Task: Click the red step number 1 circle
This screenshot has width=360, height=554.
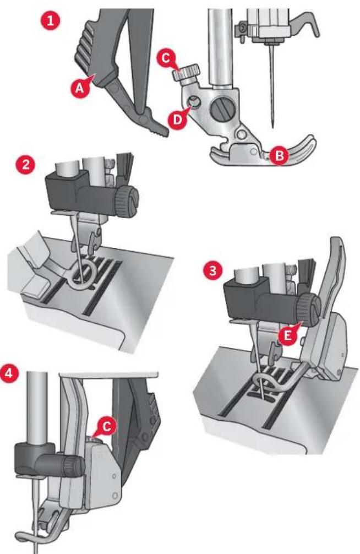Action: click(x=50, y=21)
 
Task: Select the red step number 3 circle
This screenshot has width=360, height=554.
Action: click(x=211, y=271)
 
